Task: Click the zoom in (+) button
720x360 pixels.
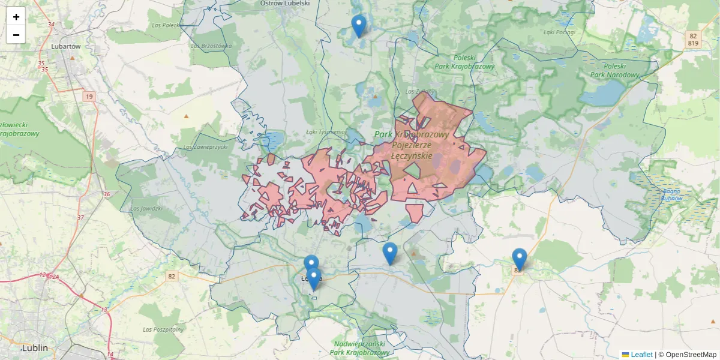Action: click(x=16, y=17)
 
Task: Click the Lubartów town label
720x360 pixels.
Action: click(x=67, y=46)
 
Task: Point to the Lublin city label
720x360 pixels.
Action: click(x=35, y=348)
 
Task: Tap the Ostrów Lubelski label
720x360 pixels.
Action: click(x=285, y=4)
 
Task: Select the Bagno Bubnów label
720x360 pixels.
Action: click(x=673, y=194)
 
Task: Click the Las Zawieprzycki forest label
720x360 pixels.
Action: click(x=205, y=147)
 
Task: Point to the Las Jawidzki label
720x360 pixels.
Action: click(x=146, y=209)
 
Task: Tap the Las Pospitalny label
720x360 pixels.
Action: click(x=163, y=329)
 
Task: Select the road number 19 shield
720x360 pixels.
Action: click(x=89, y=97)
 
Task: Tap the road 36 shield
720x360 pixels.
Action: click(x=106, y=194)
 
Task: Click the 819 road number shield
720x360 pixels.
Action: click(x=693, y=43)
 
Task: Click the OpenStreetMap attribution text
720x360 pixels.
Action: click(x=691, y=355)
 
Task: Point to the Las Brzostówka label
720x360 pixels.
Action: click(x=211, y=46)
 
